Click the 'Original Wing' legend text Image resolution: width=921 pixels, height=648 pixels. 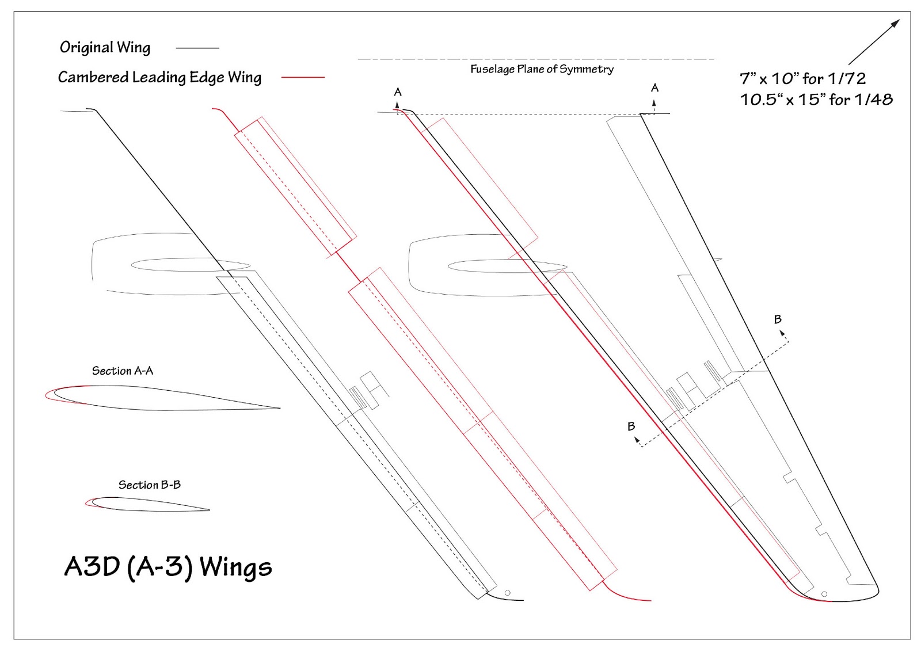[x=105, y=47]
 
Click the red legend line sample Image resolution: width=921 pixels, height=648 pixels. [x=303, y=77]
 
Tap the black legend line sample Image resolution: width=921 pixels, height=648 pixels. [x=197, y=48]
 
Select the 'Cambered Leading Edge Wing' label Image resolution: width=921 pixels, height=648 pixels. [x=159, y=77]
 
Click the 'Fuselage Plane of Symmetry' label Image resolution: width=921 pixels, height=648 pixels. [x=542, y=69]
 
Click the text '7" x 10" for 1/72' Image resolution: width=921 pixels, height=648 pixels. [x=802, y=78]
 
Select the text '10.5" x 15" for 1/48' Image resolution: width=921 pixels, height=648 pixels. [x=816, y=100]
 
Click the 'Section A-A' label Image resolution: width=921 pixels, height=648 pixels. [x=123, y=371]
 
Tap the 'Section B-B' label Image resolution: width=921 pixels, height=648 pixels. [x=150, y=485]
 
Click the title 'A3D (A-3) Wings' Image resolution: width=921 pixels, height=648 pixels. [x=168, y=566]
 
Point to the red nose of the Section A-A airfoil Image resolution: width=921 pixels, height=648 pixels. [x=47, y=396]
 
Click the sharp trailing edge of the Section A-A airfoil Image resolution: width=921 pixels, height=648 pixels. [x=279, y=408]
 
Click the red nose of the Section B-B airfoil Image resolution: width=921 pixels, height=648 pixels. [x=87, y=504]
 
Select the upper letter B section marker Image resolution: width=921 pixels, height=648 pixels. [x=778, y=319]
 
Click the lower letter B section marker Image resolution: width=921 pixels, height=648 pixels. [x=631, y=426]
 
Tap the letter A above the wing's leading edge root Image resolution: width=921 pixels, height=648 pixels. [x=398, y=92]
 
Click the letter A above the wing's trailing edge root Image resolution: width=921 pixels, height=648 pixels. [x=654, y=88]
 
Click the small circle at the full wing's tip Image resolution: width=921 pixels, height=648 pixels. [x=824, y=594]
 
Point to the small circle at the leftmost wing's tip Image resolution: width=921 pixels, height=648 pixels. [x=507, y=593]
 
